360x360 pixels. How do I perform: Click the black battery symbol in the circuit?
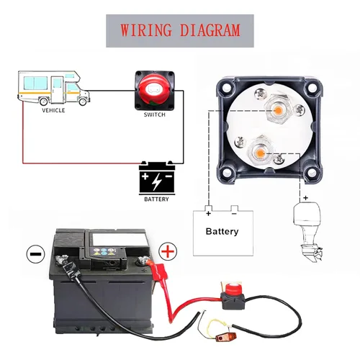[156, 176]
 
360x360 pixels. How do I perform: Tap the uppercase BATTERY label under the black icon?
[156, 199]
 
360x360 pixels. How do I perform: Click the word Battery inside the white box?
[222, 232]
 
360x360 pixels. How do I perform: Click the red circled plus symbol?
[167, 251]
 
